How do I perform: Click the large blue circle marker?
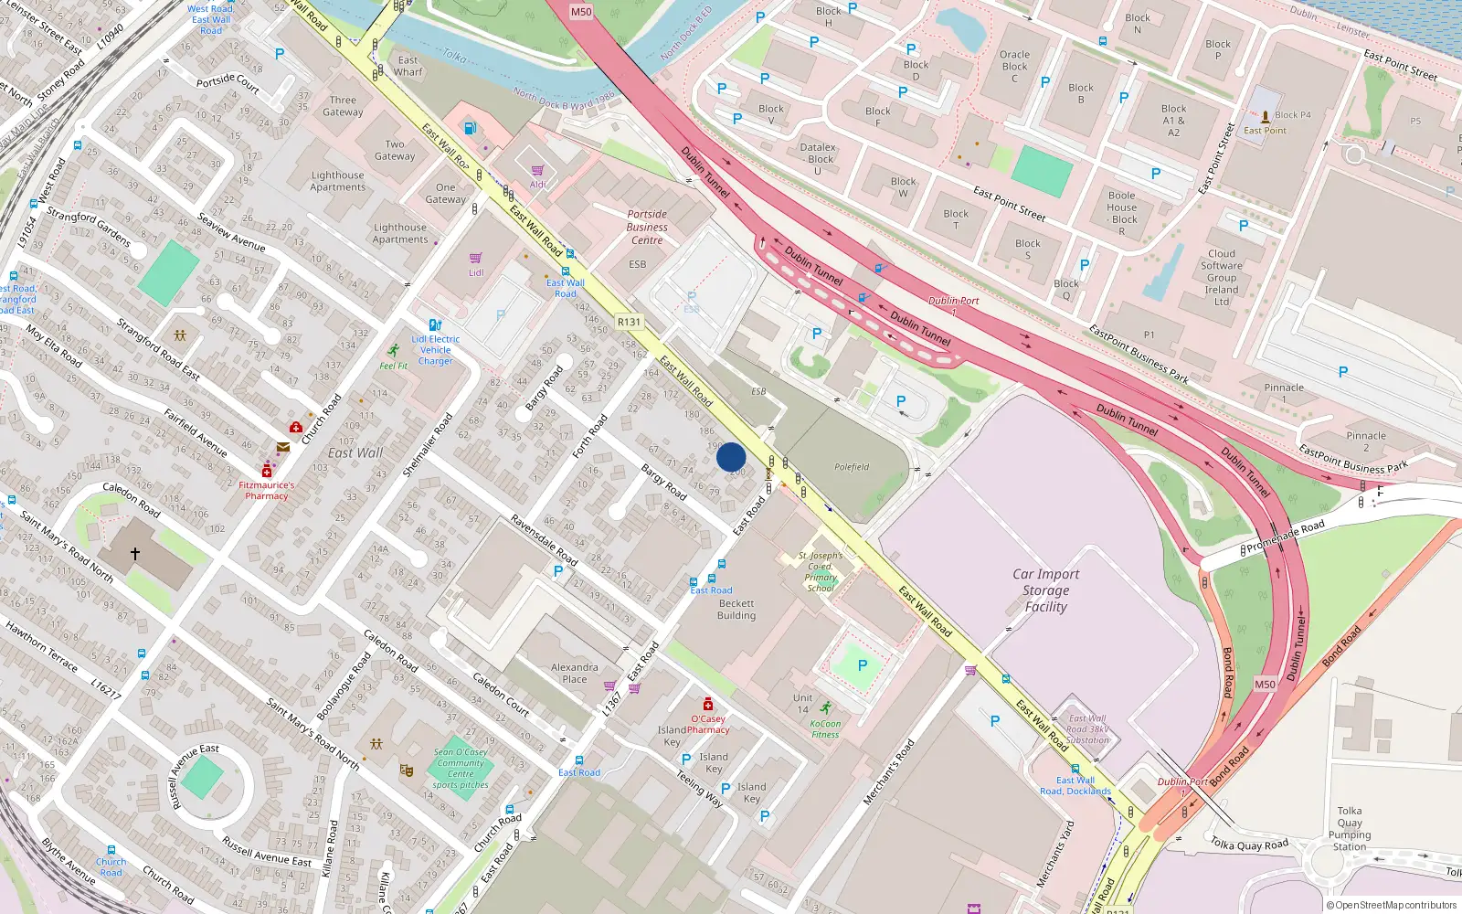pyautogui.click(x=731, y=457)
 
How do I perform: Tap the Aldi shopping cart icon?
pyautogui.click(x=537, y=170)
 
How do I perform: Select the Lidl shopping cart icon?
pyautogui.click(x=476, y=259)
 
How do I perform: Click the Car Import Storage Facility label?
pyautogui.click(x=1046, y=590)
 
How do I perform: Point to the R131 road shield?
pyautogui.click(x=629, y=322)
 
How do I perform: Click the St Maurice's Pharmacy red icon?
pyautogui.click(x=266, y=472)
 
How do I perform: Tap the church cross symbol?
pyautogui.click(x=135, y=554)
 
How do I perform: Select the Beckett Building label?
pyautogui.click(x=736, y=610)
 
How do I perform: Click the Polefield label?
pyautogui.click(x=852, y=467)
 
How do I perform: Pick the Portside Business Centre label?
pyautogui.click(x=647, y=228)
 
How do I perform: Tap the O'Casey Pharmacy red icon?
pyautogui.click(x=707, y=704)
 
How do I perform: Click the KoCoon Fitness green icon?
pyautogui.click(x=826, y=708)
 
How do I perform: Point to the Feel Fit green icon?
pyautogui.click(x=393, y=351)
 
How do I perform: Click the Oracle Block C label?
pyautogui.click(x=1014, y=67)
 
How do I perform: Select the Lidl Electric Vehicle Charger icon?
pyautogui.click(x=435, y=324)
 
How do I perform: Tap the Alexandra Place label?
pyautogui.click(x=575, y=673)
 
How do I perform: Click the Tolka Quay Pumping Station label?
pyautogui.click(x=1350, y=828)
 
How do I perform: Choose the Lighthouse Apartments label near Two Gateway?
pyautogui.click(x=338, y=181)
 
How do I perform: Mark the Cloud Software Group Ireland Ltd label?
pyautogui.click(x=1222, y=278)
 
